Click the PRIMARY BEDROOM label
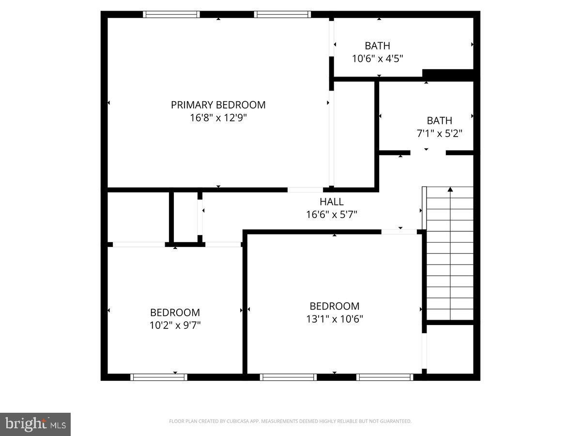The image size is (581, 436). (x=218, y=105)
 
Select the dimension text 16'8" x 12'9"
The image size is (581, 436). (x=218, y=118)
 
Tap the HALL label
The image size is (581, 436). (x=331, y=202)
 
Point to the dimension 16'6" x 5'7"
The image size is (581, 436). (x=331, y=215)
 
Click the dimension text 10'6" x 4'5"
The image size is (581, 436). (x=377, y=58)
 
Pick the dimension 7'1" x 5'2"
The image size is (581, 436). (x=440, y=133)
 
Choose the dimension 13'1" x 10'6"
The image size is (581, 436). (x=334, y=319)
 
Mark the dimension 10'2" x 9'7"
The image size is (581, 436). (x=175, y=325)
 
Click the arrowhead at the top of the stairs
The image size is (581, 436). (x=450, y=189)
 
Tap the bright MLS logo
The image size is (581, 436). (x=35, y=424)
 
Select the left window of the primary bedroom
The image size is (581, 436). (x=171, y=15)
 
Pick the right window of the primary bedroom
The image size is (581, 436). (x=282, y=15)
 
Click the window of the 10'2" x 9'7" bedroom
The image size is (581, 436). (x=158, y=377)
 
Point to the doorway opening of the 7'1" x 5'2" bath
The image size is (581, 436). (x=428, y=153)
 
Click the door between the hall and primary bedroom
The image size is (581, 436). (x=305, y=190)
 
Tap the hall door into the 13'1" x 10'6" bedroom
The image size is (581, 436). (x=399, y=232)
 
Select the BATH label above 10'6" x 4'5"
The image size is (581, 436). (x=377, y=46)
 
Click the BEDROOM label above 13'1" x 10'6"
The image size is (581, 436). (x=334, y=306)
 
